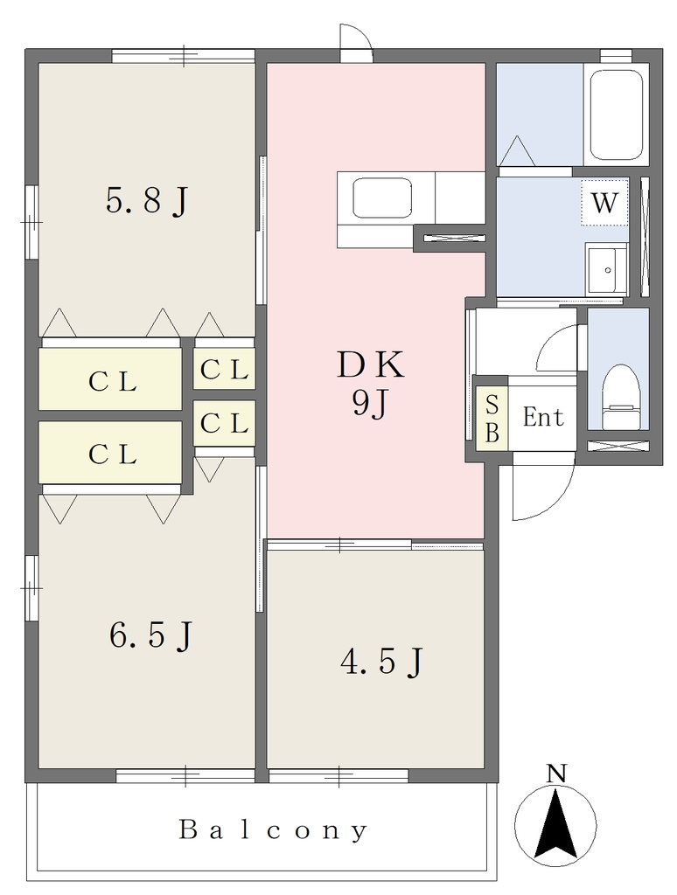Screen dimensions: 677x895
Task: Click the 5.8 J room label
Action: (147, 201)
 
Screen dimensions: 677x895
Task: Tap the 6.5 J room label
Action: (150, 635)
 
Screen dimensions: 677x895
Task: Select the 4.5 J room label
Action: (381, 663)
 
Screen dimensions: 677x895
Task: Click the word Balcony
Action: (274, 829)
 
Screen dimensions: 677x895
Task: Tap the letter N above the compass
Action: (555, 774)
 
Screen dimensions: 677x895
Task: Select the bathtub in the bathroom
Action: (616, 114)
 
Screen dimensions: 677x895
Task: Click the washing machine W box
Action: (604, 203)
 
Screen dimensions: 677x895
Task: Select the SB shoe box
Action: (492, 419)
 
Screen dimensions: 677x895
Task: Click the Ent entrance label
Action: (543, 418)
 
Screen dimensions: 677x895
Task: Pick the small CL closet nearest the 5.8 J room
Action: (224, 369)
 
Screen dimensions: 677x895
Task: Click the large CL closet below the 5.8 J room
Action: (109, 378)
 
